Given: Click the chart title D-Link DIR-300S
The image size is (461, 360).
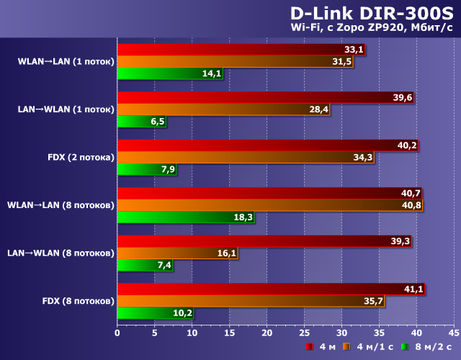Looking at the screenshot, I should [x=371, y=14].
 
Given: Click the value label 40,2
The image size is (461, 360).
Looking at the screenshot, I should [x=407, y=145].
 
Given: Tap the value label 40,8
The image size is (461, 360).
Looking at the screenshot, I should [x=411, y=205].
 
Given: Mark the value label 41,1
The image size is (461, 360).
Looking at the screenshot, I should [x=413, y=289].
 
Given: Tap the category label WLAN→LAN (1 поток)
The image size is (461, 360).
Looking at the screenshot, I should [x=66, y=61].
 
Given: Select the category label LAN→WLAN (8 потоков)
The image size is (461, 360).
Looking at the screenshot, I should [x=61, y=253].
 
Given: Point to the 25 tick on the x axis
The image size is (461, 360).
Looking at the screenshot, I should [x=304, y=333].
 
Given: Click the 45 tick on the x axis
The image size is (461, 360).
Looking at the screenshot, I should [x=453, y=333].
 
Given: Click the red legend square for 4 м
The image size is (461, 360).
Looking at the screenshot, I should [x=308, y=347].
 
